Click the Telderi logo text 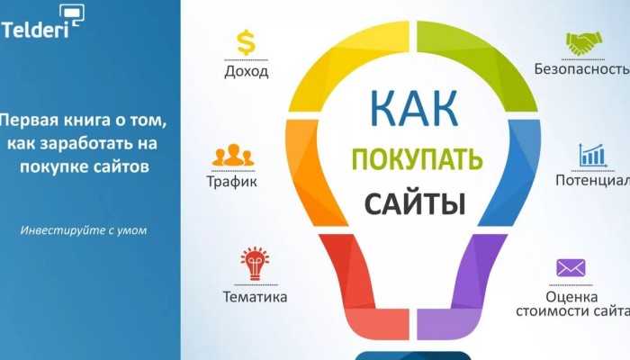(34, 30)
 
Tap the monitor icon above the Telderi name (72, 15)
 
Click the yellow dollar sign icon (246, 42)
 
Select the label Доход (247, 71)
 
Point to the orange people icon (233, 155)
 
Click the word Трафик (232, 181)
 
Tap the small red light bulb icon (255, 263)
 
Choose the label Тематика (255, 297)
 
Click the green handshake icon (584, 43)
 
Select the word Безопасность (581, 68)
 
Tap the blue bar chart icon (592, 155)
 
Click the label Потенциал (592, 180)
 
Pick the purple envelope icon (571, 268)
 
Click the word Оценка (571, 297)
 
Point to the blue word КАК (414, 109)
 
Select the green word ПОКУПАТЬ (417, 159)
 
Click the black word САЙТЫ (415, 203)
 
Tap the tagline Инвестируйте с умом (84, 230)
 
